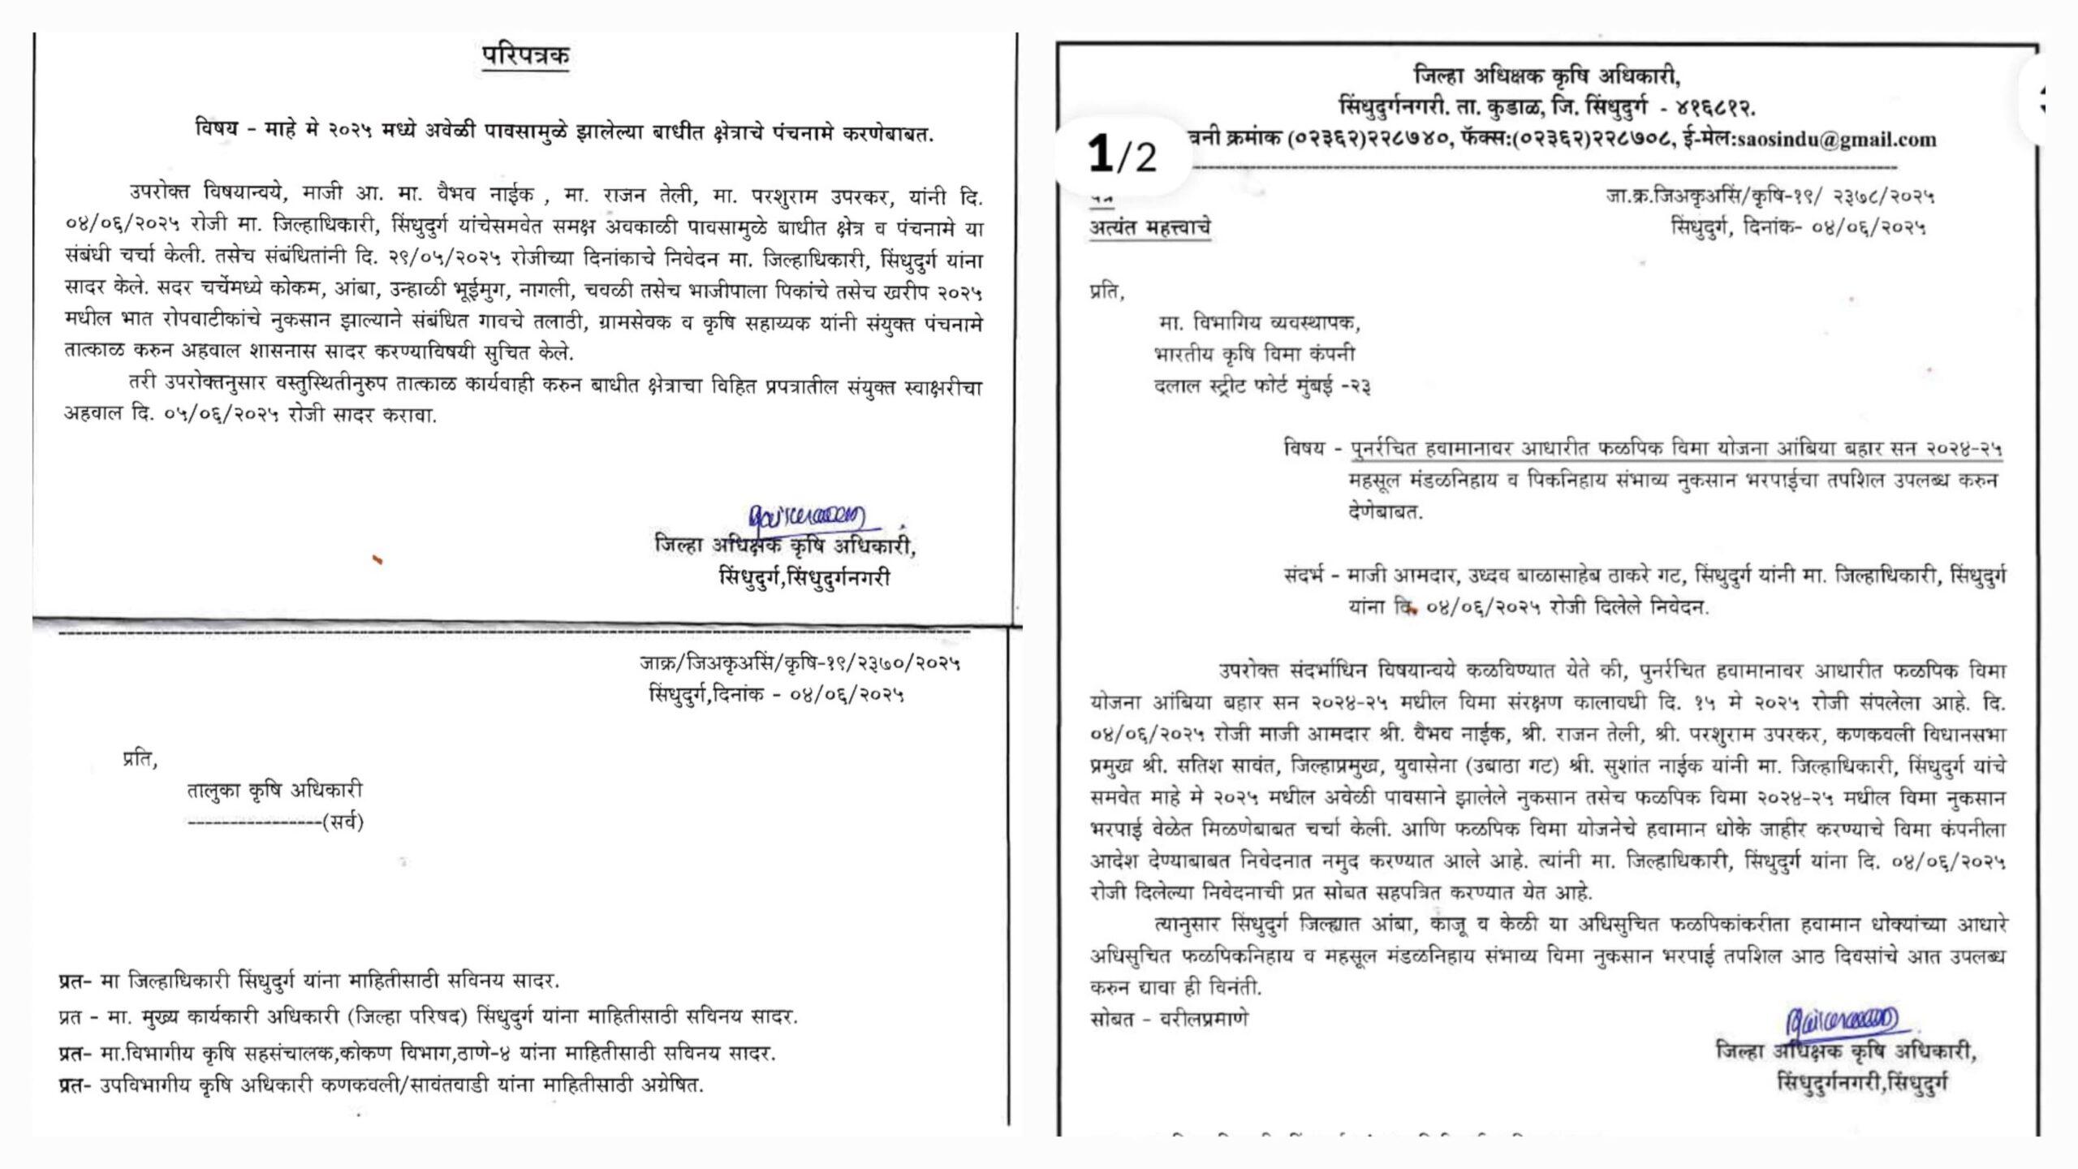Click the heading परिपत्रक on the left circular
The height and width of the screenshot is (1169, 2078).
pyautogui.click(x=525, y=57)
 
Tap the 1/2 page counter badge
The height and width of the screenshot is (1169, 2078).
pyautogui.click(x=1122, y=155)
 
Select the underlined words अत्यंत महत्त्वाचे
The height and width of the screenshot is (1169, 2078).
pyautogui.click(x=1149, y=228)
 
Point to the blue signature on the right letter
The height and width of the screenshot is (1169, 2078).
pyautogui.click(x=1839, y=1042)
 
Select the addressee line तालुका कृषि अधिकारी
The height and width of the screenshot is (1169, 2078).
pyautogui.click(x=275, y=791)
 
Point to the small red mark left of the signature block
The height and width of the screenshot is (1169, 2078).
pyautogui.click(x=377, y=559)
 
